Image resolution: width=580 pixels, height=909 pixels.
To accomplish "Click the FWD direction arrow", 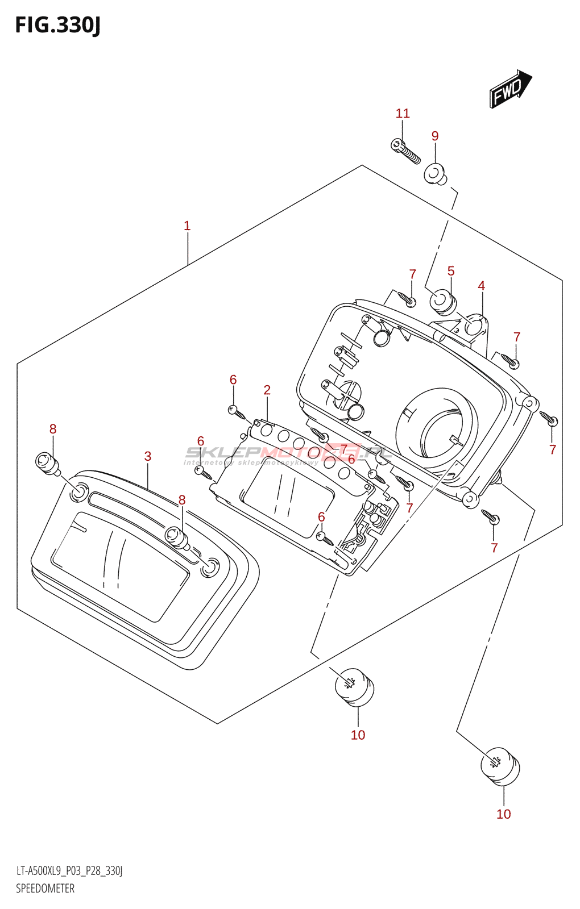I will tap(510, 89).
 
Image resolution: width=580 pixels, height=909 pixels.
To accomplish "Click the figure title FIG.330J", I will tap(57, 25).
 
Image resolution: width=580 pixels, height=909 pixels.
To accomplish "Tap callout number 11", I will tap(403, 114).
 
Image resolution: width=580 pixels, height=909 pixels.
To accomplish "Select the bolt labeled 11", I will tap(405, 151).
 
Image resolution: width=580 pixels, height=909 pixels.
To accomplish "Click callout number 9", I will tap(435, 136).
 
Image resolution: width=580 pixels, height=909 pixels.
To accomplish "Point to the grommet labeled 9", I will tap(436, 174).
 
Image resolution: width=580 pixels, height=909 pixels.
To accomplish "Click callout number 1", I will tap(187, 226).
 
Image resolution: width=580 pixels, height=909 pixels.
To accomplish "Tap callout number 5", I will tap(451, 272).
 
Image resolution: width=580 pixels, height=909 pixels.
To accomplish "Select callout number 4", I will tap(482, 286).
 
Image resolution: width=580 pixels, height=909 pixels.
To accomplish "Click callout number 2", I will tap(267, 390).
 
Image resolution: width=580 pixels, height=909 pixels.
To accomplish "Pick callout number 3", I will tap(148, 456).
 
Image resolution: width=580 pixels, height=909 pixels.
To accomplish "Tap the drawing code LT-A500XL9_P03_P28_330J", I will tap(69, 871).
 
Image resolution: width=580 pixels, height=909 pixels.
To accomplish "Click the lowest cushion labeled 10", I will tap(500, 767).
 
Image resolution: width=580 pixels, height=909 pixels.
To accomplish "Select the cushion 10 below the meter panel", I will tap(354, 687).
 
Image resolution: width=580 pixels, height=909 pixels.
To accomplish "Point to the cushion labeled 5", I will tap(443, 301).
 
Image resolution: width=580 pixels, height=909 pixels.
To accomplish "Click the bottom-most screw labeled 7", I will tap(491, 517).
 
